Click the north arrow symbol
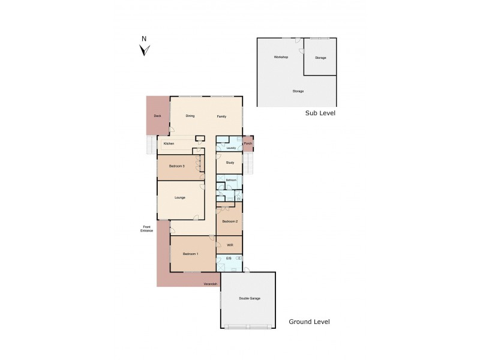144,50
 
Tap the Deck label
157,115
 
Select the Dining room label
190,115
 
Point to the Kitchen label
169,143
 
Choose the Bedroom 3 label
176,166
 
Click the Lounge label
180,197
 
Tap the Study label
230,163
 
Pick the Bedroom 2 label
230,221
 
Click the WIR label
230,245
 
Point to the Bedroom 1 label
190,254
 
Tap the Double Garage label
249,298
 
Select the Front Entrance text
147,229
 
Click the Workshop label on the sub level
281,57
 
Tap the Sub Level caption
320,113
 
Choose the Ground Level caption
309,322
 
